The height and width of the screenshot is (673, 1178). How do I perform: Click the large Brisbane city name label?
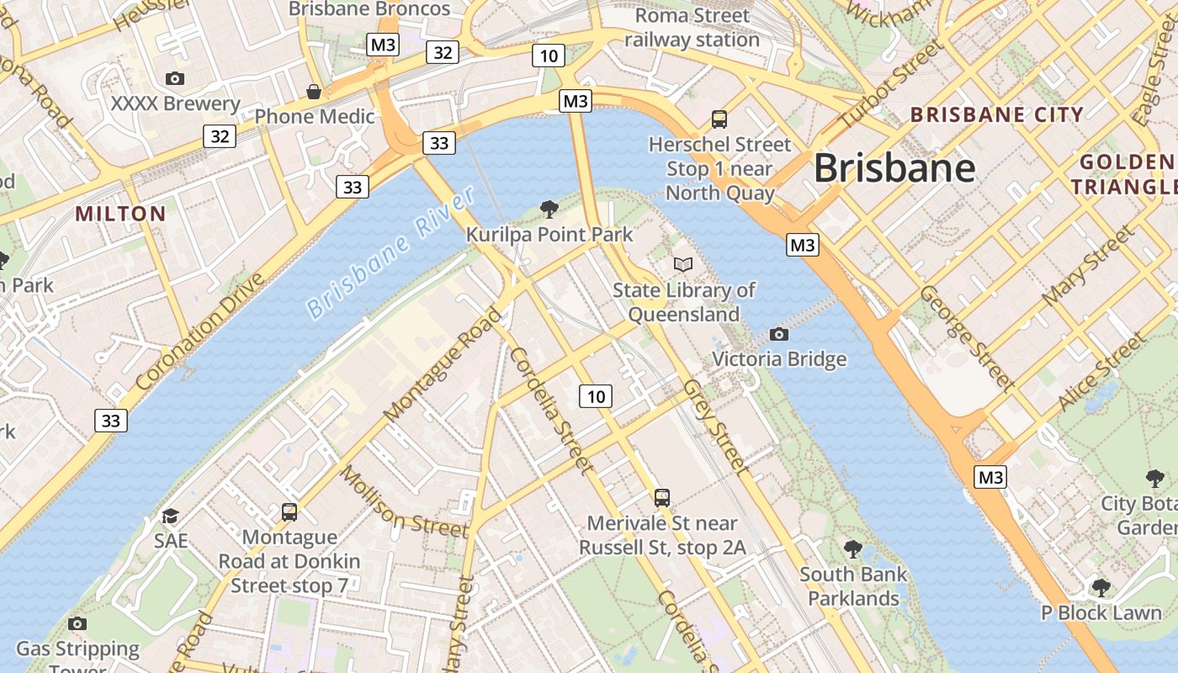894,168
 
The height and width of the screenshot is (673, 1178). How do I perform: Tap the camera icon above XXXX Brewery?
175,78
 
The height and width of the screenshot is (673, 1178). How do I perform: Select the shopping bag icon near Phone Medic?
314,91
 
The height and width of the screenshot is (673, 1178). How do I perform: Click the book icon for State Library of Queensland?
683,264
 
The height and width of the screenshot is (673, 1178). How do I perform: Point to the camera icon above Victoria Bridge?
779,334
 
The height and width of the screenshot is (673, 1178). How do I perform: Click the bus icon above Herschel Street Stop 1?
719,119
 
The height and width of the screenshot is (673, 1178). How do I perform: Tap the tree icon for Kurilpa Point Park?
549,208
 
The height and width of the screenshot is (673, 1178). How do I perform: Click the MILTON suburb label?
121,214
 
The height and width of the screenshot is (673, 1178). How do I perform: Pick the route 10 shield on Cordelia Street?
596,395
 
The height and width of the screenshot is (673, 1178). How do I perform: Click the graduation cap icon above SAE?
171,515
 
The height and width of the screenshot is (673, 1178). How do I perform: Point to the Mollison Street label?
403,502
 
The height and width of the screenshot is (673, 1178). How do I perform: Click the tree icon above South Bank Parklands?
853,549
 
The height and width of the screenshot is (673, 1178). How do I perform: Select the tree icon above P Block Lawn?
1101,587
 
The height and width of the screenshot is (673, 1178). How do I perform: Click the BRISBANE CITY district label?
997,115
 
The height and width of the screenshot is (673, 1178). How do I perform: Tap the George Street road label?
967,337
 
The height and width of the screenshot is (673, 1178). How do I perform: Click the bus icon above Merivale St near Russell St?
663,497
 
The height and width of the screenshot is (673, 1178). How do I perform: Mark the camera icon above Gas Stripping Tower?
77,623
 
